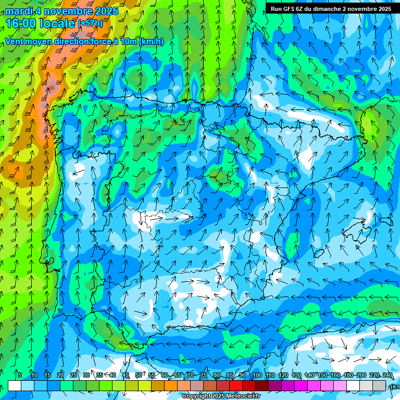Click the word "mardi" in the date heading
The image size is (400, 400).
pyautogui.click(x=17, y=11)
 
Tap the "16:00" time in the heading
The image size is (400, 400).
pyautogui.click(x=20, y=23)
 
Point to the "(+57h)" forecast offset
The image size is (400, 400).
pyautogui.click(x=91, y=23)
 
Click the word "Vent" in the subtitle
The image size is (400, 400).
pyautogui.click(x=15, y=42)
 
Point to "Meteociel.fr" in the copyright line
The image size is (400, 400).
pyautogui.click(x=239, y=396)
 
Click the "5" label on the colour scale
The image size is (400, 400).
pyautogui.click(x=20, y=375)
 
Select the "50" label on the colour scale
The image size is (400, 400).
pyautogui.click(x=139, y=375)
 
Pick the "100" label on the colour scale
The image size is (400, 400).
pyautogui.click(x=257, y=375)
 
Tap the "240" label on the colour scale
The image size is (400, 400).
pyautogui.click(x=387, y=375)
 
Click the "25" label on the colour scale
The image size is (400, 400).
pyautogui.click(x=73, y=375)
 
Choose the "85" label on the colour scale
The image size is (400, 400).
pyautogui.click(x=230, y=375)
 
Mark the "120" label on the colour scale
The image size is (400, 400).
pyautogui.click(x=283, y=375)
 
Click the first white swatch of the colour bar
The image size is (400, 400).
pyautogui.click(x=15, y=386)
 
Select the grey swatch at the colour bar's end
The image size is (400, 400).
pyautogui.click(x=379, y=386)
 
